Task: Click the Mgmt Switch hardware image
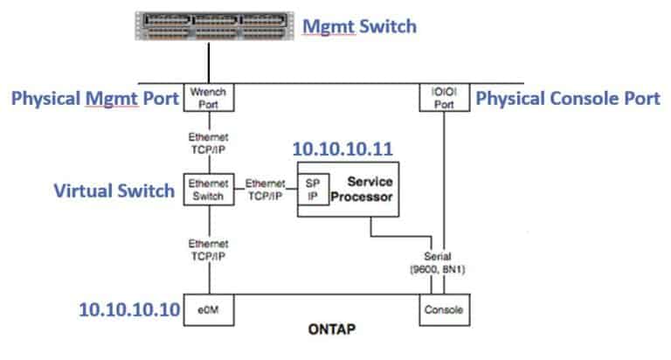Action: point(209,25)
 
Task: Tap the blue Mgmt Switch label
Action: point(359,26)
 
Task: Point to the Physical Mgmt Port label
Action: point(94,99)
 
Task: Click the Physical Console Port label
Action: point(567,99)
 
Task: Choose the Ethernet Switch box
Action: point(208,190)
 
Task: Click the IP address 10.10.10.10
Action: point(129,309)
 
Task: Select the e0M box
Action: point(208,308)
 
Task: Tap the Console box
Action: point(445,308)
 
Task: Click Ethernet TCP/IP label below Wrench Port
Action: point(208,142)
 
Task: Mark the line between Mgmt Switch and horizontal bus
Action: point(209,63)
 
